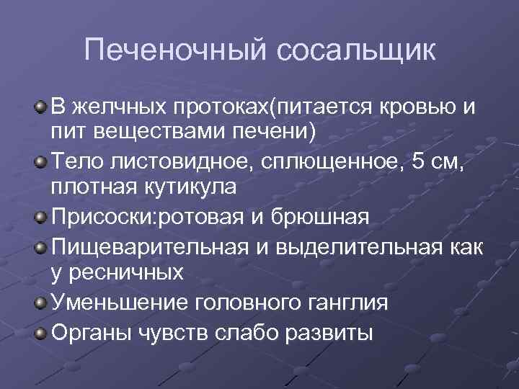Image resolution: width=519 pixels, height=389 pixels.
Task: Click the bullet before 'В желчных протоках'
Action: pyautogui.click(x=41, y=108)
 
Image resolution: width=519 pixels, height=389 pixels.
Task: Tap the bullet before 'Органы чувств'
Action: pyautogui.click(x=41, y=334)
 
